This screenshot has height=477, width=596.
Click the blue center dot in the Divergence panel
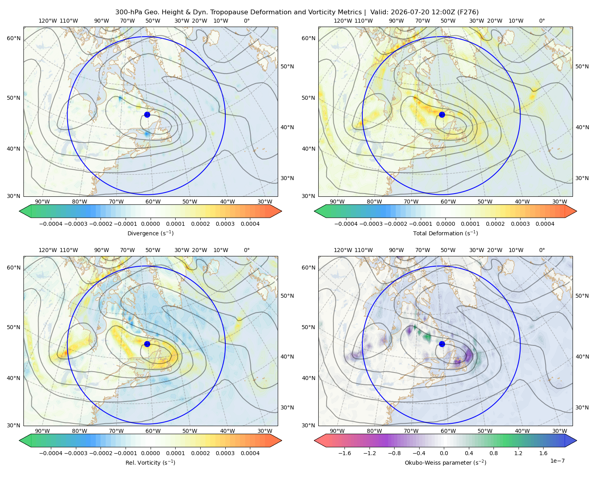147,115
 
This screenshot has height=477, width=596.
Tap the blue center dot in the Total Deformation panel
442,115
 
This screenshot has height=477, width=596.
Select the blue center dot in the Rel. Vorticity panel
147,344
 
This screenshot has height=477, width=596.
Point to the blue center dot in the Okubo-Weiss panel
442,344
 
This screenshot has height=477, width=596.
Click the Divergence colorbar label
150,233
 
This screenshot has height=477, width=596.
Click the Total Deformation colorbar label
445,233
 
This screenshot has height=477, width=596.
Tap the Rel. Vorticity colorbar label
150,463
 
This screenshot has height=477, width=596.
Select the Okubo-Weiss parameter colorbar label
445,463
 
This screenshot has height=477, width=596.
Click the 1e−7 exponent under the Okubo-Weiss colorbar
557,461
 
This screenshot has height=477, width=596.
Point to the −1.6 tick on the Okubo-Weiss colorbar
344,453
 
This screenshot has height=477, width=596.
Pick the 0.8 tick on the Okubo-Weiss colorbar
493,453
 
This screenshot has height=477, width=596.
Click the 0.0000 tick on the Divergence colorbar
150,224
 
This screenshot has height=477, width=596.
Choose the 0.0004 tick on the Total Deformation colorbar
545,224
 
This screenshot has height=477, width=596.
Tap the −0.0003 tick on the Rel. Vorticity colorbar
75,453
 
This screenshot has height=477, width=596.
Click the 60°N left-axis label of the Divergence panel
14,38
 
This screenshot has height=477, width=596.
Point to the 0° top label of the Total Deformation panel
542,21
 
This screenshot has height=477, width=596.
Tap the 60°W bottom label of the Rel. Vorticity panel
153,431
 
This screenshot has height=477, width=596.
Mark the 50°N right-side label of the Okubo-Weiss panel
582,296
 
